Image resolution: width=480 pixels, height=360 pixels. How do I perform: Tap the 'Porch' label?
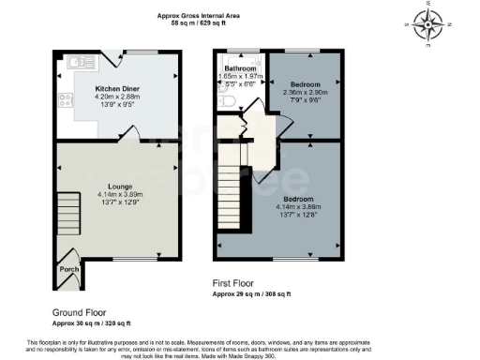click(x=67, y=267)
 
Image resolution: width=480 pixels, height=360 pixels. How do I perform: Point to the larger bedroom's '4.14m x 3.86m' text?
click(x=301, y=205)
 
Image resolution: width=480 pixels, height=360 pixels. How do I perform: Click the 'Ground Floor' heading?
click(x=79, y=312)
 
